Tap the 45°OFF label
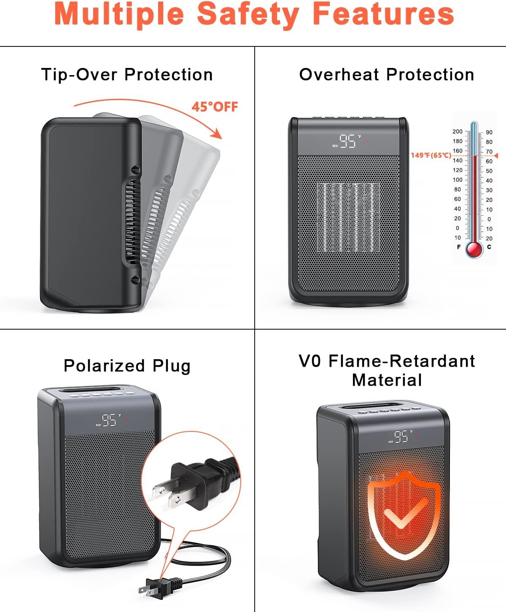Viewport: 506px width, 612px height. pyautogui.click(x=215, y=107)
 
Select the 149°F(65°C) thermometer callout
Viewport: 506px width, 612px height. pyautogui.click(x=431, y=155)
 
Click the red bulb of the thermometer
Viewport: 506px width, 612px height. pyautogui.click(x=474, y=249)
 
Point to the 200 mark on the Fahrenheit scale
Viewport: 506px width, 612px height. pyautogui.click(x=458, y=132)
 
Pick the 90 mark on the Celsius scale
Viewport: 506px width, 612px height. pyautogui.click(x=489, y=132)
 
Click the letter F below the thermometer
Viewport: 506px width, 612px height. pyautogui.click(x=459, y=247)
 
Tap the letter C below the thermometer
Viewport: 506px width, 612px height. pyautogui.click(x=489, y=247)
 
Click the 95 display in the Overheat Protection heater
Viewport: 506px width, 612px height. pyautogui.click(x=347, y=141)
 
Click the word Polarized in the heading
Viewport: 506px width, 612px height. pyautogui.click(x=104, y=366)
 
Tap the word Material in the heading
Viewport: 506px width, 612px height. pyautogui.click(x=387, y=380)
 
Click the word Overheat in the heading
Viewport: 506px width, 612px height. pyautogui.click(x=339, y=74)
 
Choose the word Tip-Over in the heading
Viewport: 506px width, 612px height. pyautogui.click(x=79, y=74)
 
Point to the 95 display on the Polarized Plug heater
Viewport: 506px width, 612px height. pyautogui.click(x=109, y=420)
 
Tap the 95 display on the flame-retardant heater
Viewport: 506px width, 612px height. pyautogui.click(x=401, y=436)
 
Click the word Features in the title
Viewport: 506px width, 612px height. pyautogui.click(x=384, y=14)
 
